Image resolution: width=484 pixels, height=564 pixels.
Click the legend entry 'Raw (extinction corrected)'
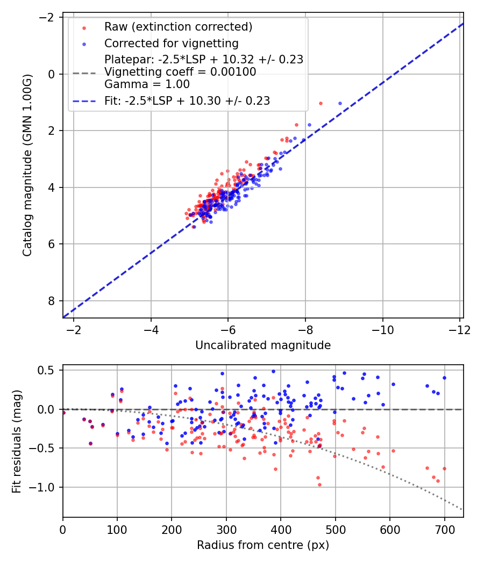(x=178, y=27)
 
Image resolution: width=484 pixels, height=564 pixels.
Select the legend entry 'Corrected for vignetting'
(x=172, y=43)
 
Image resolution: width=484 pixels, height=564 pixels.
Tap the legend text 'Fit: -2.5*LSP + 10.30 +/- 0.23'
(x=187, y=100)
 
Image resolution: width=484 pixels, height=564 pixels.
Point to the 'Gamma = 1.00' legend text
(x=147, y=84)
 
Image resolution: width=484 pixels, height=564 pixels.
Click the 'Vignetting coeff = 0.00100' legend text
(x=180, y=72)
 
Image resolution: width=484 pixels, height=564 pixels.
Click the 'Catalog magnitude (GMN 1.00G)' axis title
(x=27, y=165)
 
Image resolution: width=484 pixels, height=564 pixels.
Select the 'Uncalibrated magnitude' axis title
(x=263, y=345)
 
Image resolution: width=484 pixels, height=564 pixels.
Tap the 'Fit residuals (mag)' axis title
(x=17, y=442)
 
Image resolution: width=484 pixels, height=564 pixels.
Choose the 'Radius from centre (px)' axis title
(x=263, y=545)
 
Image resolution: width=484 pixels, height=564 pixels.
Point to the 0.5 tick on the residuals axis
(x=48, y=370)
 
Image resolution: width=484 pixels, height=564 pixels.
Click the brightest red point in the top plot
(x=321, y=103)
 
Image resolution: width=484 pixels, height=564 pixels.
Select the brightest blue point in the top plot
(x=340, y=103)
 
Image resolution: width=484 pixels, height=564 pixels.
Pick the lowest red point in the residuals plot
(x=319, y=485)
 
